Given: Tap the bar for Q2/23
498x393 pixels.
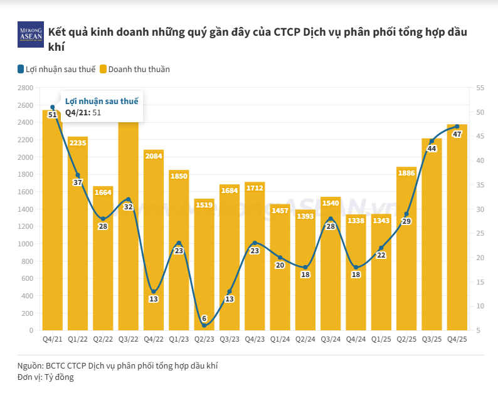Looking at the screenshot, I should (204, 263).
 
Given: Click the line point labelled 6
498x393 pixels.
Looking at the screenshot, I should (204, 325).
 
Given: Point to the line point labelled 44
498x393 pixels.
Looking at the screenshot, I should (432, 141).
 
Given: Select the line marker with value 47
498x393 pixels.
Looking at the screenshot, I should (457, 127).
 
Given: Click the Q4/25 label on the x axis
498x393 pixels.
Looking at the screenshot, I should (457, 338).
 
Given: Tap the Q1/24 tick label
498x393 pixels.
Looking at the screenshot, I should (280, 338).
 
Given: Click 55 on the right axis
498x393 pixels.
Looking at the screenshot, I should (480, 88).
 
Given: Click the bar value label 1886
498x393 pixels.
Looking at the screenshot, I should (406, 172).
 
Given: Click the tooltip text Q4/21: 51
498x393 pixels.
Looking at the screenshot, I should (83, 113).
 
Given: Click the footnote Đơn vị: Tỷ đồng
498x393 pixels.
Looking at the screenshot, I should (46, 377).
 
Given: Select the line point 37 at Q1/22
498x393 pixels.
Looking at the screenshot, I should (78, 176).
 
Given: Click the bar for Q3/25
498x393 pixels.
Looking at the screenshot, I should (432, 238).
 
